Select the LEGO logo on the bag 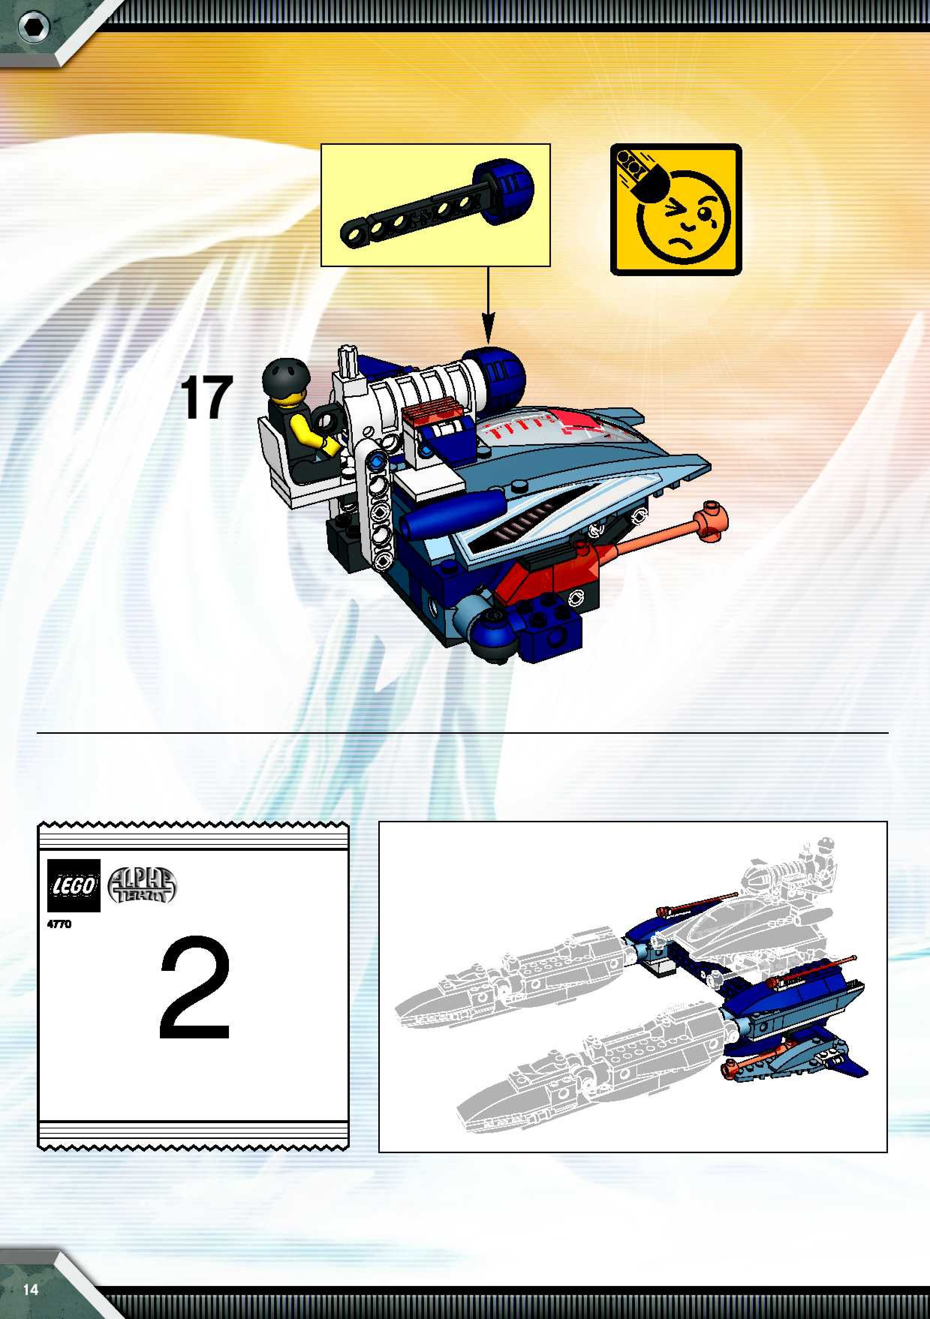pyautogui.click(x=74, y=885)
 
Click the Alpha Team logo pyautogui.click(x=142, y=886)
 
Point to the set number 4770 pyautogui.click(x=59, y=924)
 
